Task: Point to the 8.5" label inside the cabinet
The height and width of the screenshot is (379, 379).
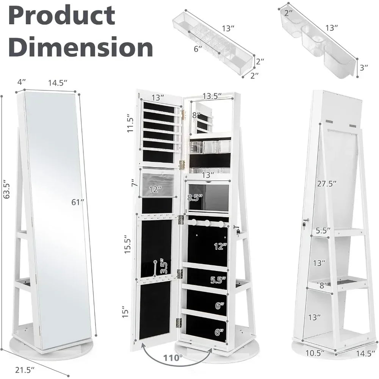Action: tap(195, 197)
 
